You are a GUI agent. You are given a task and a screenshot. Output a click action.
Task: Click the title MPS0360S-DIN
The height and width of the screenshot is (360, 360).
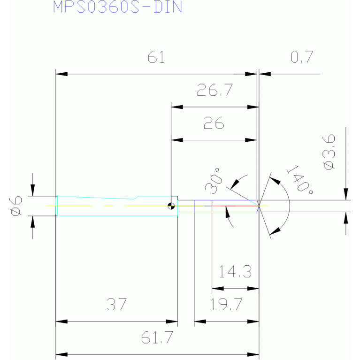click(117, 7)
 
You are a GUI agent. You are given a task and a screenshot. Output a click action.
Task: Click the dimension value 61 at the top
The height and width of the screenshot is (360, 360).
click(156, 57)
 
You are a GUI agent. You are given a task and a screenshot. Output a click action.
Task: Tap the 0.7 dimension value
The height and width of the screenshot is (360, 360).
click(302, 57)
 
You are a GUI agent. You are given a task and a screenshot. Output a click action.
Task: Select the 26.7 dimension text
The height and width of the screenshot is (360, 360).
click(215, 90)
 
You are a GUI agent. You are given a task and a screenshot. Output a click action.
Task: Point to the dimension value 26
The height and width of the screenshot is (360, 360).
click(214, 123)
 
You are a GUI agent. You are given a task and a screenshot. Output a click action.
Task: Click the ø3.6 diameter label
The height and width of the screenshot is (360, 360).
click(329, 152)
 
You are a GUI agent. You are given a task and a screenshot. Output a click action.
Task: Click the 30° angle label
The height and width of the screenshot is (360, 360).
click(213, 181)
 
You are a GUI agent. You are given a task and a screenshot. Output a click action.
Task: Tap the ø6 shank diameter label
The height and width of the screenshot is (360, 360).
click(16, 206)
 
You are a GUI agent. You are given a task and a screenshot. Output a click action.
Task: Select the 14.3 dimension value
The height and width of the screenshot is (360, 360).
click(235, 271)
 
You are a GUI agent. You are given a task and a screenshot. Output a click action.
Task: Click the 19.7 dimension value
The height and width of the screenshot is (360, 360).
click(226, 304)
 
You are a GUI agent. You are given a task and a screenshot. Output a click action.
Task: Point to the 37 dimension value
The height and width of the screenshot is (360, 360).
click(116, 304)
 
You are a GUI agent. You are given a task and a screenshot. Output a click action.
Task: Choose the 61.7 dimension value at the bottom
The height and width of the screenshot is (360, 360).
click(157, 337)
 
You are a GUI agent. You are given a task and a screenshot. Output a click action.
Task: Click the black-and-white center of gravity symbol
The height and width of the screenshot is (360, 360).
click(171, 206)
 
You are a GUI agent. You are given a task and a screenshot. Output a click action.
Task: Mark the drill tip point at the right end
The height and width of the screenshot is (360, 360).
click(259, 206)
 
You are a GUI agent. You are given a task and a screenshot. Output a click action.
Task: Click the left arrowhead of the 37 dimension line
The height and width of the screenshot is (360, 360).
click(61, 322)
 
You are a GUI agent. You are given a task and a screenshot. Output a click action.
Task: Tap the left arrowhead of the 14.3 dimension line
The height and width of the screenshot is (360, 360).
click(218, 288)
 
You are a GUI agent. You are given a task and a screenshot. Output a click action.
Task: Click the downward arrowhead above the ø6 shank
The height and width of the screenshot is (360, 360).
click(32, 190)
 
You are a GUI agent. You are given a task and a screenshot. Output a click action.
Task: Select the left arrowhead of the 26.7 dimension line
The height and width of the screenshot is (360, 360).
click(177, 107)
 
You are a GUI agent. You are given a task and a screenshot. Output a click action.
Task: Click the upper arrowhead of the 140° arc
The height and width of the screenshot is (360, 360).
click(275, 180)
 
